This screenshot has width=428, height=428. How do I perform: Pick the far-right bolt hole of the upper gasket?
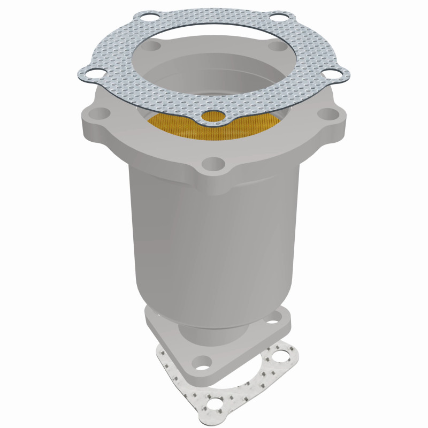338,75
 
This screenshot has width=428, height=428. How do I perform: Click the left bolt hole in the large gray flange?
98,114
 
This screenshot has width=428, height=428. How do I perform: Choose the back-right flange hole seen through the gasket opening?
277,47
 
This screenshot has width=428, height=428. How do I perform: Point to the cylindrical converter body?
214,241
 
